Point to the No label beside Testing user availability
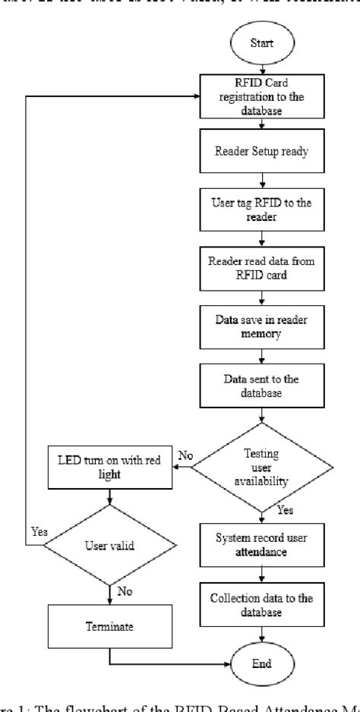[x=185, y=456]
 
